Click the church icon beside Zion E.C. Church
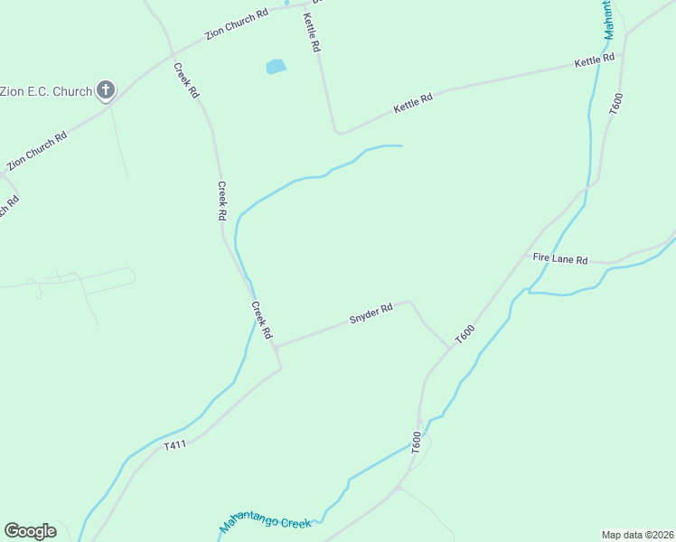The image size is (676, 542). point(106,90)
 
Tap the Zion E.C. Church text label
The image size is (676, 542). point(46,91)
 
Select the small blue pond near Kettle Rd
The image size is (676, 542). point(276,66)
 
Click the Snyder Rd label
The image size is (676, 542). point(371,313)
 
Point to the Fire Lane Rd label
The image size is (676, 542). point(560,258)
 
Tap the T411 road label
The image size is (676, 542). point(175,444)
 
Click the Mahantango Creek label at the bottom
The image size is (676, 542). point(265,523)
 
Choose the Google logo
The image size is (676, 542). point(30,531)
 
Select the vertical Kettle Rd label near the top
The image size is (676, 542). point(313,33)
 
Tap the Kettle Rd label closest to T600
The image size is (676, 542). point(595,61)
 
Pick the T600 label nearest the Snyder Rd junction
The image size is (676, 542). point(465,332)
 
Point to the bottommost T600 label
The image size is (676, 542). point(416,443)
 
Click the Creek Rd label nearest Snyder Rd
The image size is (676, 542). point(261,320)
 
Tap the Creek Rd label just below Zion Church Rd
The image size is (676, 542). point(186,80)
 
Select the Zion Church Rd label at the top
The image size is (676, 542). point(237,24)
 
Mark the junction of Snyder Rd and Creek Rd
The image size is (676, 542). point(277,346)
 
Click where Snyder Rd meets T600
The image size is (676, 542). point(449,347)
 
